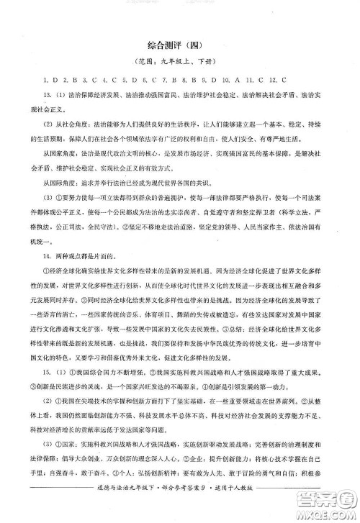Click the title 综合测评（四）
click(179, 44)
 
